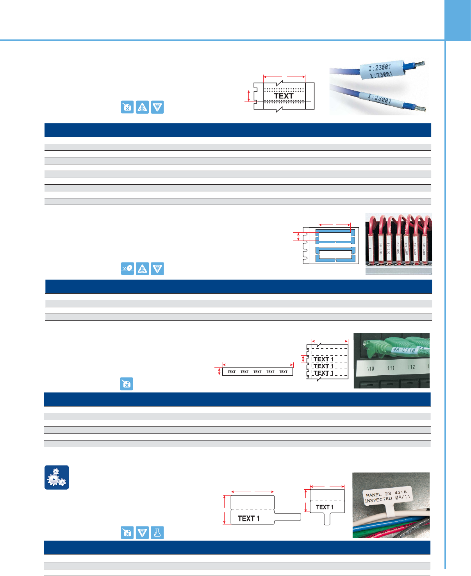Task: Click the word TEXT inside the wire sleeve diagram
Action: [x=284, y=96]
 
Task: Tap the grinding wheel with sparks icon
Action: [x=127, y=269]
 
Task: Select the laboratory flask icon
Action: [x=157, y=533]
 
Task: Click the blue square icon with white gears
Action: [x=57, y=477]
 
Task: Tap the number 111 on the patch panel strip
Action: [x=391, y=368]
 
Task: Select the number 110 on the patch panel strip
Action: [x=370, y=369]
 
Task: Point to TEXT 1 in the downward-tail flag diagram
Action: [x=325, y=507]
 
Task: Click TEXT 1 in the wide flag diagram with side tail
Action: [x=249, y=519]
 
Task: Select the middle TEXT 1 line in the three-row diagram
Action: [x=323, y=366]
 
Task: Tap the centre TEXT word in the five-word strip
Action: [x=257, y=372]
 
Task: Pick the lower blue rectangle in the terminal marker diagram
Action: [x=335, y=254]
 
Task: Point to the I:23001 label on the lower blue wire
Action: [x=380, y=99]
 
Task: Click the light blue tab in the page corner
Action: [x=458, y=20]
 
